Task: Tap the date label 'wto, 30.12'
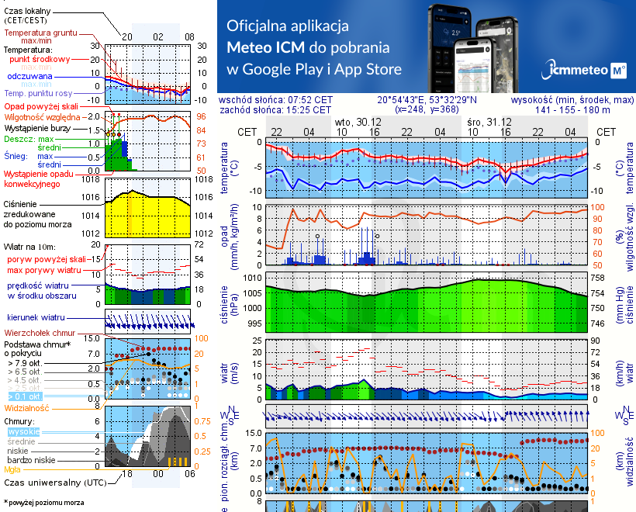click(358, 123)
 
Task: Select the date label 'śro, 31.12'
click(490, 123)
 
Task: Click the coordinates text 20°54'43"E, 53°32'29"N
click(427, 100)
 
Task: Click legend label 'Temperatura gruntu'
click(40, 33)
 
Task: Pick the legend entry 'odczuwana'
click(29, 77)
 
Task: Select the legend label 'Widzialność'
click(26, 407)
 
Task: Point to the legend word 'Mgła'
click(12, 469)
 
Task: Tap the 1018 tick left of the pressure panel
click(93, 180)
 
